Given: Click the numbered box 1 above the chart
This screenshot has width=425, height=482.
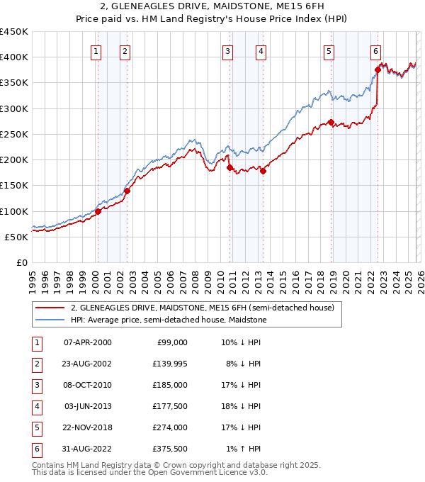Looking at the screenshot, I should [96, 51].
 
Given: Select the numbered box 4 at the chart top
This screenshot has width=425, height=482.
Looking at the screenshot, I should [261, 51].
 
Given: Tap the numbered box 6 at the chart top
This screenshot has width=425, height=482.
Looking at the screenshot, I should [375, 51].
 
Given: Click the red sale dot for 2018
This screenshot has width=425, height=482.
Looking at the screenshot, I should [331, 122].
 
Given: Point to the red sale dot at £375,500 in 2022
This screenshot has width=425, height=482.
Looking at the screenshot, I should [378, 69].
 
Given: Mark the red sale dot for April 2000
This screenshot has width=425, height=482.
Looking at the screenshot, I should [98, 211].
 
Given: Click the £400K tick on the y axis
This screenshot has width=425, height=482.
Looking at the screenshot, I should [15, 57].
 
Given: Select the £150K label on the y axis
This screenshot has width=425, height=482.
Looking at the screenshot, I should [15, 186].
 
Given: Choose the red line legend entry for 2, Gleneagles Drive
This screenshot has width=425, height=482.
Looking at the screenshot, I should [206, 308].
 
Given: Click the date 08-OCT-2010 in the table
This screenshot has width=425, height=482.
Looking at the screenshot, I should [87, 384].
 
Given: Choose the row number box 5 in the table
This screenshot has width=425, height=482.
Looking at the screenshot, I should [36, 427].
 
